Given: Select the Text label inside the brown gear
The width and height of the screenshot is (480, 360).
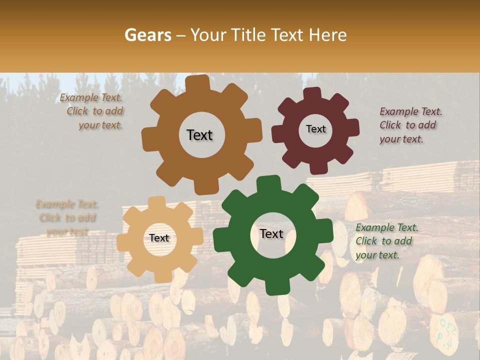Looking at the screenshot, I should pos(199,135).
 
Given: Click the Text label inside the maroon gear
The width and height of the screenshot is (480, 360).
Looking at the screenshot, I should pos(315,129).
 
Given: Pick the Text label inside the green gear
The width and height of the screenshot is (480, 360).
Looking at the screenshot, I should pos(271,233).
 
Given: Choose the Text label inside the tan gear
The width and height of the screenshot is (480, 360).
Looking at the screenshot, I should pos(159,238).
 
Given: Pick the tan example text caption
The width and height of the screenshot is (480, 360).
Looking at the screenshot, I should pos(67,218).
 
